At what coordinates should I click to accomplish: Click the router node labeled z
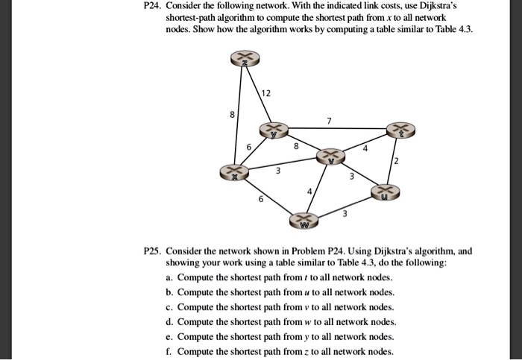click(245, 59)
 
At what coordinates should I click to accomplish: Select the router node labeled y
click(274, 130)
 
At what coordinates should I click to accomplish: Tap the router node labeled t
click(401, 130)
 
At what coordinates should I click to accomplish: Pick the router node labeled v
click(330, 157)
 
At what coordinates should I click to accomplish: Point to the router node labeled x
click(234, 173)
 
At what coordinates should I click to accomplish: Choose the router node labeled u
click(386, 192)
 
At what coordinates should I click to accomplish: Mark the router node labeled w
click(304, 221)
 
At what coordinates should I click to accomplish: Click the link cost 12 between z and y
click(266, 93)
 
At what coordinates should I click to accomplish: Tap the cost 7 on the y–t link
click(330, 121)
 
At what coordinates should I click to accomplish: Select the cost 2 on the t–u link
click(396, 162)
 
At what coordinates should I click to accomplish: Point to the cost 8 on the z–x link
click(233, 115)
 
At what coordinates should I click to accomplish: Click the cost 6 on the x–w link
click(261, 199)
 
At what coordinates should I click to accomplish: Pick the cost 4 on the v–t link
click(365, 149)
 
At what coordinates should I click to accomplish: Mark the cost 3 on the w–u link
click(345, 213)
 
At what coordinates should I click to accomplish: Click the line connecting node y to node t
click(338, 128)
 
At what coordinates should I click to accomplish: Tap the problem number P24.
click(152, 6)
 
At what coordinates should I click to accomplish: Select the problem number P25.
click(152, 250)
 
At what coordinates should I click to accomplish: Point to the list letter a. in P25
click(169, 277)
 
